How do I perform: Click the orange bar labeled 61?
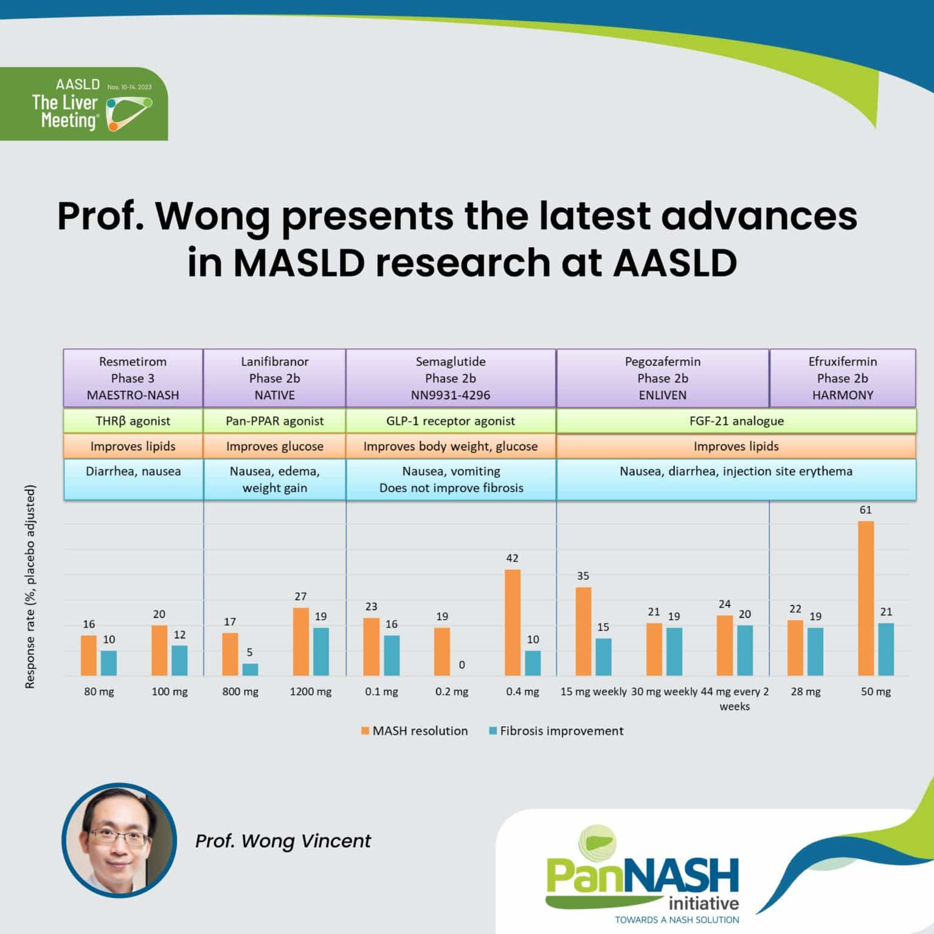pos(865,598)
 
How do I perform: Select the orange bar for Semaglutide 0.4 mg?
pos(513,623)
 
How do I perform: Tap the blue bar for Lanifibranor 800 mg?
pos(250,669)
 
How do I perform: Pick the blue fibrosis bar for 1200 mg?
pos(320,651)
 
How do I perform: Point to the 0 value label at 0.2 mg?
pos(462,665)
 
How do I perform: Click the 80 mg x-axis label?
pos(99,691)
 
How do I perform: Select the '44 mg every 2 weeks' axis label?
pos(735,699)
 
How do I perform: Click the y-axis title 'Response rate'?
pos(30,586)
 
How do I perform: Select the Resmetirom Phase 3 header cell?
pos(133,378)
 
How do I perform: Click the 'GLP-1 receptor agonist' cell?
pos(451,421)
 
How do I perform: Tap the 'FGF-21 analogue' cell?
pos(736,421)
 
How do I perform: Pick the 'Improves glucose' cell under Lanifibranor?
pos(274,446)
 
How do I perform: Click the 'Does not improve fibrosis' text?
pos(451,488)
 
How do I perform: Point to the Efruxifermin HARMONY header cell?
pos(842,378)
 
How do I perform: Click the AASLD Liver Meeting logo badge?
pos(84,104)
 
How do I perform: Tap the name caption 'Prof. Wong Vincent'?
pos(283,841)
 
